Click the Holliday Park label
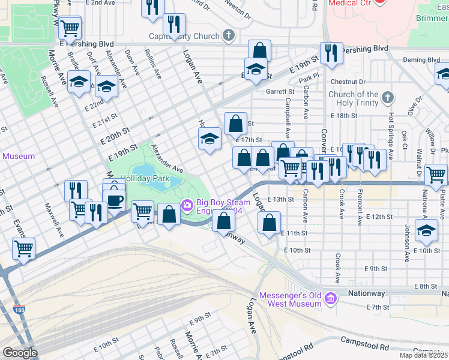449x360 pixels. coord(145,179)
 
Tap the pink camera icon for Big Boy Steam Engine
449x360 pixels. coord(187,206)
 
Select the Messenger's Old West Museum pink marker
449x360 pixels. coord(330,298)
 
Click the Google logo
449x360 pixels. coord(20,353)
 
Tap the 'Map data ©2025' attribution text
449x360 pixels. coord(424,355)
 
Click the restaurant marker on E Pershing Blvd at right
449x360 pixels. coord(331,53)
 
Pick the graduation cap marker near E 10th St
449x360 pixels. coord(426,231)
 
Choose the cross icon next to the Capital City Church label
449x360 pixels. coord(229,36)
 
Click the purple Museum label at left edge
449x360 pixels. coord(19,156)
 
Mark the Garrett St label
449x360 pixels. coord(280,92)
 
